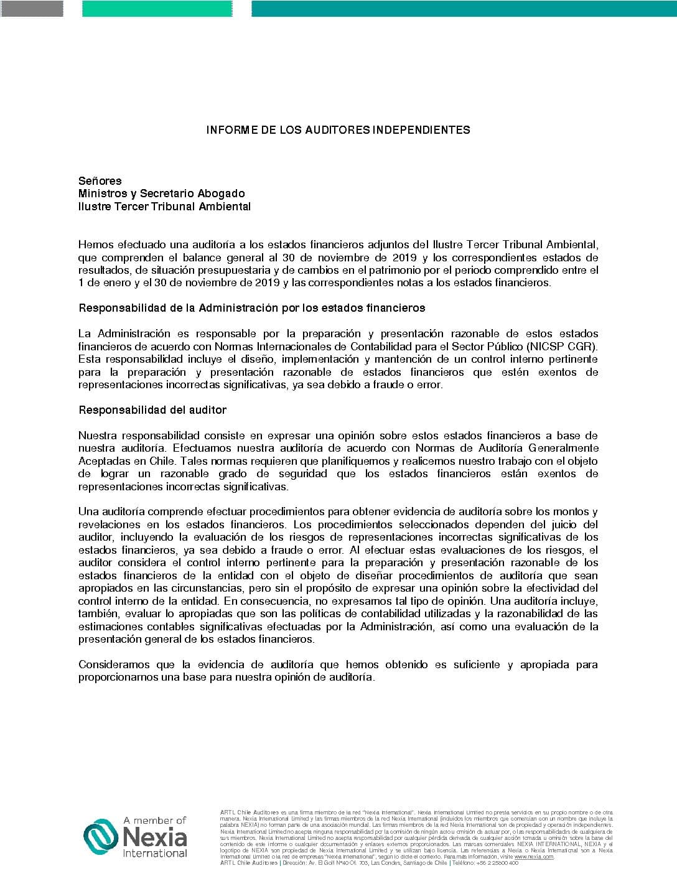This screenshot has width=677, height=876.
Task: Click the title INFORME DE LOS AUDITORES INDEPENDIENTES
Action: click(338, 130)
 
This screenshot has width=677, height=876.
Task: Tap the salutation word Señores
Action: click(100, 181)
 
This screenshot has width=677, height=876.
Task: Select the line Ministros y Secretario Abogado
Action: click(161, 193)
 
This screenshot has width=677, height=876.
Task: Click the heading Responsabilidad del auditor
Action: click(152, 410)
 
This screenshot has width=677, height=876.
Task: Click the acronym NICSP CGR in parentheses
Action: click(562, 347)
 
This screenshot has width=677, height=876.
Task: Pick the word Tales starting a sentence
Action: click(180, 461)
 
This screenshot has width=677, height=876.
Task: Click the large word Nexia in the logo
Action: click(155, 837)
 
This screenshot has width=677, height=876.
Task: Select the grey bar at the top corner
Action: click(32, 9)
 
